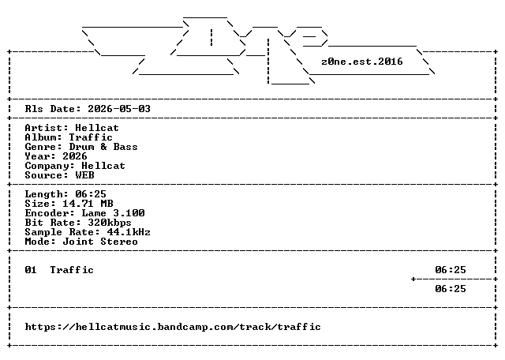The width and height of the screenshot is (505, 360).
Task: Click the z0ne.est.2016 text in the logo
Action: tap(362, 62)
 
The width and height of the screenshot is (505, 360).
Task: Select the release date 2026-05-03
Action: tap(119, 109)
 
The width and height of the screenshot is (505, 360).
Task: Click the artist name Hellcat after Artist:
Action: tap(97, 128)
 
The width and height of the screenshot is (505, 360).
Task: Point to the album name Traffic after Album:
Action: tap(91, 137)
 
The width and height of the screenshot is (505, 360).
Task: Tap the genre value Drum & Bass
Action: tap(103, 147)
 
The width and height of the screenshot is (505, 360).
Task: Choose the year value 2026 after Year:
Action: tap(75, 156)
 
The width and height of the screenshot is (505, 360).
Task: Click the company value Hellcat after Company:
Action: tap(103, 166)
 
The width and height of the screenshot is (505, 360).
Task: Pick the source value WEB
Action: tap(84, 175)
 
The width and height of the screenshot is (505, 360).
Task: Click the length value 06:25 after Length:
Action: tap(91, 194)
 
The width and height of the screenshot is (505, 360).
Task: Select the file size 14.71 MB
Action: tap(88, 204)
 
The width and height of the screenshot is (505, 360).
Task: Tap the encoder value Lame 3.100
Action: tap(113, 213)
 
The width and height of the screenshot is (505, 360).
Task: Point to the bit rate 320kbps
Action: tap(110, 223)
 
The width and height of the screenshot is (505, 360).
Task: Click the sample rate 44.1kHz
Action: tap(129, 232)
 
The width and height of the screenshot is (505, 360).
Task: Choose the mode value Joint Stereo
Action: tap(100, 242)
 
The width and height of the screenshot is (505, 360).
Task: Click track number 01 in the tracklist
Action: tap(31, 270)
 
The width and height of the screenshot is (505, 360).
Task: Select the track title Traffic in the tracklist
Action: tap(72, 270)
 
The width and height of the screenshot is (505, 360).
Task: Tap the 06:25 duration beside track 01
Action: tap(451, 270)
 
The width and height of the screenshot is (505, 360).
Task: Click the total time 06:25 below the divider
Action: tap(451, 289)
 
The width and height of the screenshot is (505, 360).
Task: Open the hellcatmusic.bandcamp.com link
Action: tap(173, 327)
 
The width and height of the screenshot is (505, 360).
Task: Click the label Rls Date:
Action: tap(53, 109)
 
